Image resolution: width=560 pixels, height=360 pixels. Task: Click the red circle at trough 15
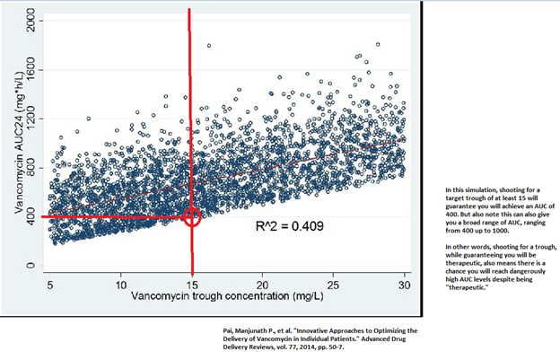tap(190, 217)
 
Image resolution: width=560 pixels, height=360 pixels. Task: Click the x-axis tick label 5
tap(51, 283)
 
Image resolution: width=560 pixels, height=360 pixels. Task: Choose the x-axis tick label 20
tap(262, 283)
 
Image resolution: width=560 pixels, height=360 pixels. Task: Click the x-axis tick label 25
tap(333, 283)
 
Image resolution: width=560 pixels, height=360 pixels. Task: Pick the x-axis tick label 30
tap(403, 283)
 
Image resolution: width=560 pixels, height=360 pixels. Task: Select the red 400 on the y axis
tap(30, 216)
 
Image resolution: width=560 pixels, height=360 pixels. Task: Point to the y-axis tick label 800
tap(30, 168)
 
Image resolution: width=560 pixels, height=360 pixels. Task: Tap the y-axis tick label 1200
tap(30, 119)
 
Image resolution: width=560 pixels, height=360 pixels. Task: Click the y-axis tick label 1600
tap(30, 69)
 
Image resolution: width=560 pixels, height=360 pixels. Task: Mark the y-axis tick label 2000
tap(30, 21)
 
